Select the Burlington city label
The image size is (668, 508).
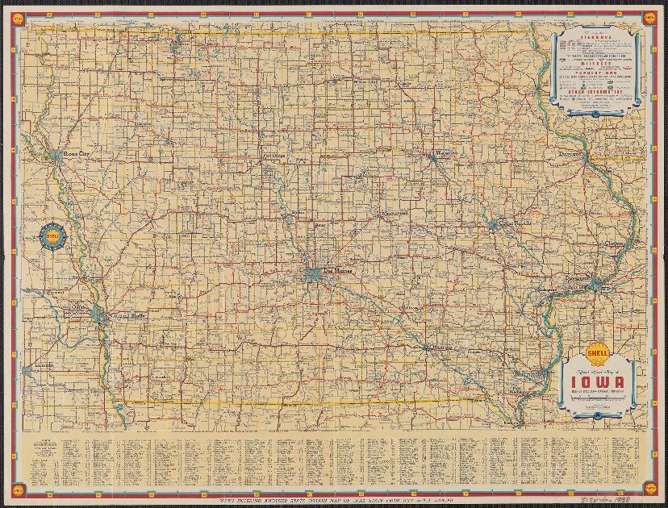tap(530, 375)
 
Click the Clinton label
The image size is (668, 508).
tap(616, 244)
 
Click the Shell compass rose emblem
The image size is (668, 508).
tap(52, 236)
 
